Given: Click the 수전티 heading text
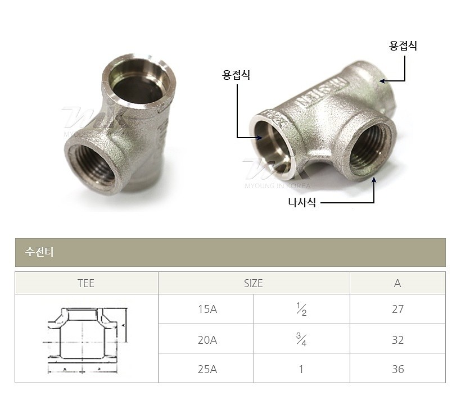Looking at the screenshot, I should [39, 252].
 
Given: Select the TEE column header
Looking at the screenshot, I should [86, 283].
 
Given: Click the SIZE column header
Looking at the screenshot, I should [254, 283].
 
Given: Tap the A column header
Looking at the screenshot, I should [397, 283].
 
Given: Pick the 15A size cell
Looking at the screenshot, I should [206, 309].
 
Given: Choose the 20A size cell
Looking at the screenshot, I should [206, 339].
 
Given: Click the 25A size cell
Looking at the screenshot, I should [206, 369].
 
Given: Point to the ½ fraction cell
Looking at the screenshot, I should [301, 309].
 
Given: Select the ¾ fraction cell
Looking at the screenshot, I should [301, 339].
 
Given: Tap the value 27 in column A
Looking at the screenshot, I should [397, 309].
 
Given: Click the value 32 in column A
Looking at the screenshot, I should [397, 339].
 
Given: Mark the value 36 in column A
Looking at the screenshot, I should [397, 369].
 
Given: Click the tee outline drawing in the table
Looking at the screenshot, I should [86, 339].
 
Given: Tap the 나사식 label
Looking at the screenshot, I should [301, 203].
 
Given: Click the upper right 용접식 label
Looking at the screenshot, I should [403, 46].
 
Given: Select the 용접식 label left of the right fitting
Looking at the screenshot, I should [236, 75].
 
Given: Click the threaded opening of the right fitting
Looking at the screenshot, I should [370, 147].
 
